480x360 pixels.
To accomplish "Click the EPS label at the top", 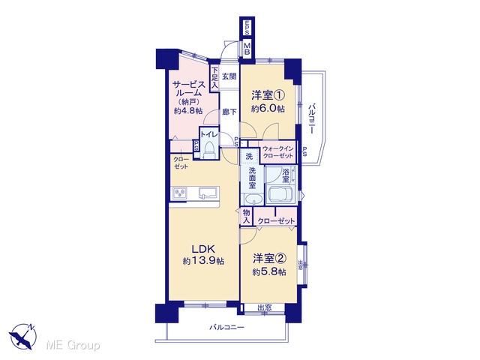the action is coord(247,27).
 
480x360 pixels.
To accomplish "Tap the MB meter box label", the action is coord(247,48).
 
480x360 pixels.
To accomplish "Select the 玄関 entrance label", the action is coord(229,76).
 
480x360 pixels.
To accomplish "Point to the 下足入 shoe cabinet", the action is coord(214,78).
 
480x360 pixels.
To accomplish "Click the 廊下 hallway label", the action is coord(229,112).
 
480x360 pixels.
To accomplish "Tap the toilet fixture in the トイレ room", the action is coord(209,150).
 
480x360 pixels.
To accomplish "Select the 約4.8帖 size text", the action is coord(188,111).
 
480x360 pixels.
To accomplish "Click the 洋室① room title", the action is coord(268,95).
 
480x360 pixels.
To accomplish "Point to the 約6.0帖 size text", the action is coord(268,109).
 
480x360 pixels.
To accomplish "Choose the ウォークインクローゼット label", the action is coord(278,151).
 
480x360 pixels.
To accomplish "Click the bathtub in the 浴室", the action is coord(280,194).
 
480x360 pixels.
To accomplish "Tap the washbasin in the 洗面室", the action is coord(253,199).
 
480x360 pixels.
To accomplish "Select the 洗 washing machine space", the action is coord(249,157).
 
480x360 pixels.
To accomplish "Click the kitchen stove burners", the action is coord(180,193).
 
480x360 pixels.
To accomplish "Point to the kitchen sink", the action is coord(208,193).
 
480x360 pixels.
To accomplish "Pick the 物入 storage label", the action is coord(247,216).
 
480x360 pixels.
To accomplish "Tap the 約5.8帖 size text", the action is coord(269,272).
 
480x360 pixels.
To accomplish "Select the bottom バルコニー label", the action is coord(226,328).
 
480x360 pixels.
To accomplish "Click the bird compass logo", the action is coord(22,335).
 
